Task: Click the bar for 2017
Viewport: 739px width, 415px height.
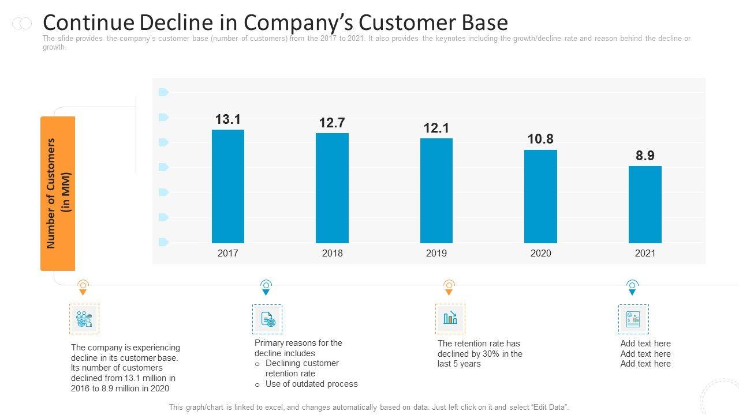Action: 228,186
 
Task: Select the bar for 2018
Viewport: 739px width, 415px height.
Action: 332,188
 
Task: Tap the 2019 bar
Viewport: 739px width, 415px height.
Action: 436,190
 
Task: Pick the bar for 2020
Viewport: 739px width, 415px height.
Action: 540,196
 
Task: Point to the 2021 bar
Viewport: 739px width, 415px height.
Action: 645,204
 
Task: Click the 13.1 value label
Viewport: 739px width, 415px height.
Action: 228,119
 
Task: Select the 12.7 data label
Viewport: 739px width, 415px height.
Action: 332,123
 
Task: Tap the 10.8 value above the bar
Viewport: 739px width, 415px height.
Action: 540,139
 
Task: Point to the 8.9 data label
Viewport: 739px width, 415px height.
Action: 645,156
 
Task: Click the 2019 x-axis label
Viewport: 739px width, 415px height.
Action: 436,253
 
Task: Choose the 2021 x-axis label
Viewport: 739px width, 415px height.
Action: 645,253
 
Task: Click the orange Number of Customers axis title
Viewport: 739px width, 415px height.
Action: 58,193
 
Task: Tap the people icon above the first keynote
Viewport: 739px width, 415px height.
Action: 84,319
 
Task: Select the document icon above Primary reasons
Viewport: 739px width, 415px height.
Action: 267,319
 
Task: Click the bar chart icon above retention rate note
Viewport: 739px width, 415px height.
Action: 450,318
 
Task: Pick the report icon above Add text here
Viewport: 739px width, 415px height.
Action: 633,319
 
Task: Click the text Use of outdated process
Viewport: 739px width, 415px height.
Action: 312,384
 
